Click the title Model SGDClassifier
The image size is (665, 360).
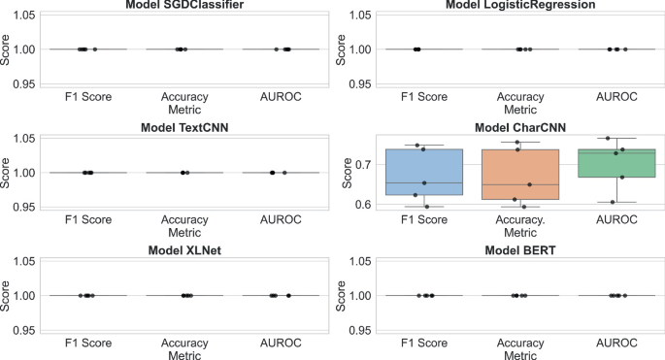(x=185, y=6)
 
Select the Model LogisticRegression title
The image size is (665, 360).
(x=520, y=6)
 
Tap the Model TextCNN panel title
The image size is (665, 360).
(x=185, y=128)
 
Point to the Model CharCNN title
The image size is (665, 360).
(x=520, y=128)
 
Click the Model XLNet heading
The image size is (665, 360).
(x=185, y=251)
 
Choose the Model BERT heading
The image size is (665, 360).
(x=520, y=251)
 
